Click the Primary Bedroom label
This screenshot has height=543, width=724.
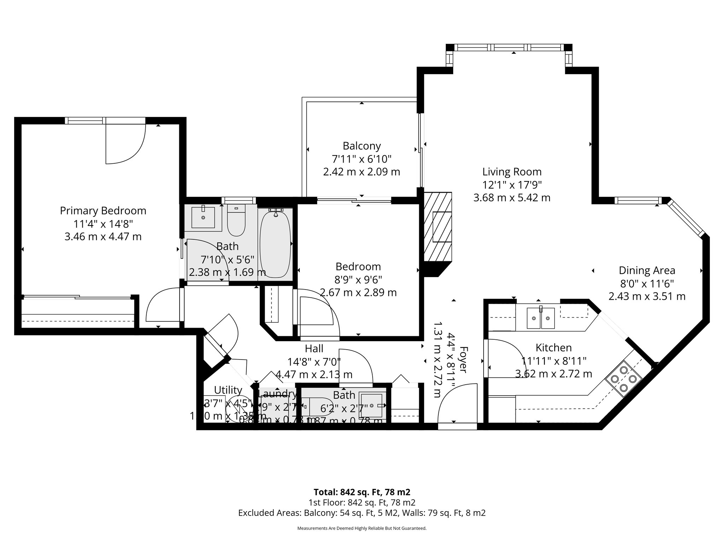[103, 211]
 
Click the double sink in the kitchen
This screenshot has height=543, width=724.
[541, 318]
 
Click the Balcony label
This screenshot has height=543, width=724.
[362, 146]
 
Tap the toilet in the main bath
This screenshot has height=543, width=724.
[236, 221]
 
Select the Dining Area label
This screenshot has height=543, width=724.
[647, 270]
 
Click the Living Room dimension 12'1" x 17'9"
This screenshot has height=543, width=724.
[512, 185]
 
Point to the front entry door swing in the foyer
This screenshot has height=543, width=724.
[456, 403]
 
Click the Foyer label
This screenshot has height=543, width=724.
[463, 360]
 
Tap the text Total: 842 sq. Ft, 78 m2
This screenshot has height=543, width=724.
[362, 492]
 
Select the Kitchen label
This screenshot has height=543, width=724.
[553, 348]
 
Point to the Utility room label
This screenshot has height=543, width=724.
[228, 390]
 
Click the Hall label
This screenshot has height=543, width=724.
[314, 349]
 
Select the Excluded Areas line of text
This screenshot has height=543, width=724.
[362, 513]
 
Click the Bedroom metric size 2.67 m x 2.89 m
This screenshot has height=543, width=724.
[358, 293]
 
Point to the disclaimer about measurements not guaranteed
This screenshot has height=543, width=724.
[362, 529]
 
